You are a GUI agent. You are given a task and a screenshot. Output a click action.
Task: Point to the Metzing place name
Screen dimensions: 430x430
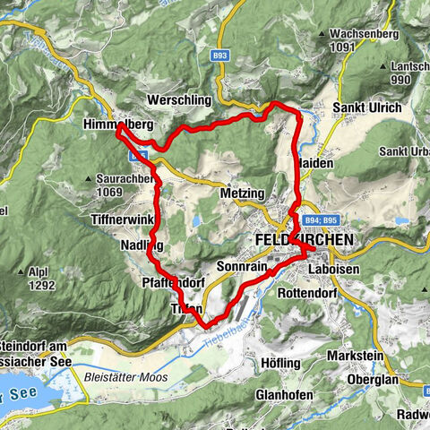tap(241, 193)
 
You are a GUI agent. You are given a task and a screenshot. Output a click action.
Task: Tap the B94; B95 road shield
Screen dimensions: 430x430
tap(322, 219)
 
